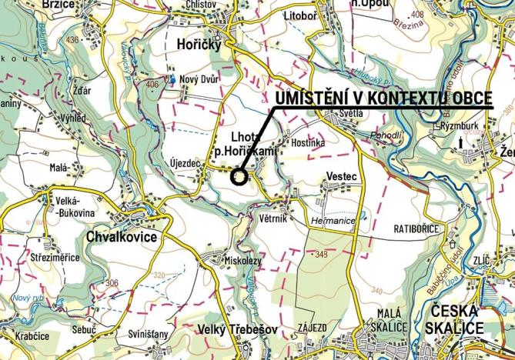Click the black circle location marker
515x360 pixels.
[239, 177]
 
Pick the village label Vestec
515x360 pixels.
[342, 176]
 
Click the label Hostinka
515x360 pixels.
[308, 143]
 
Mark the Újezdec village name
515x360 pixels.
[183, 163]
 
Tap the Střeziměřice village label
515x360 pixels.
[55, 257]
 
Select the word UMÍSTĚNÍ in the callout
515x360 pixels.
[306, 98]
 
